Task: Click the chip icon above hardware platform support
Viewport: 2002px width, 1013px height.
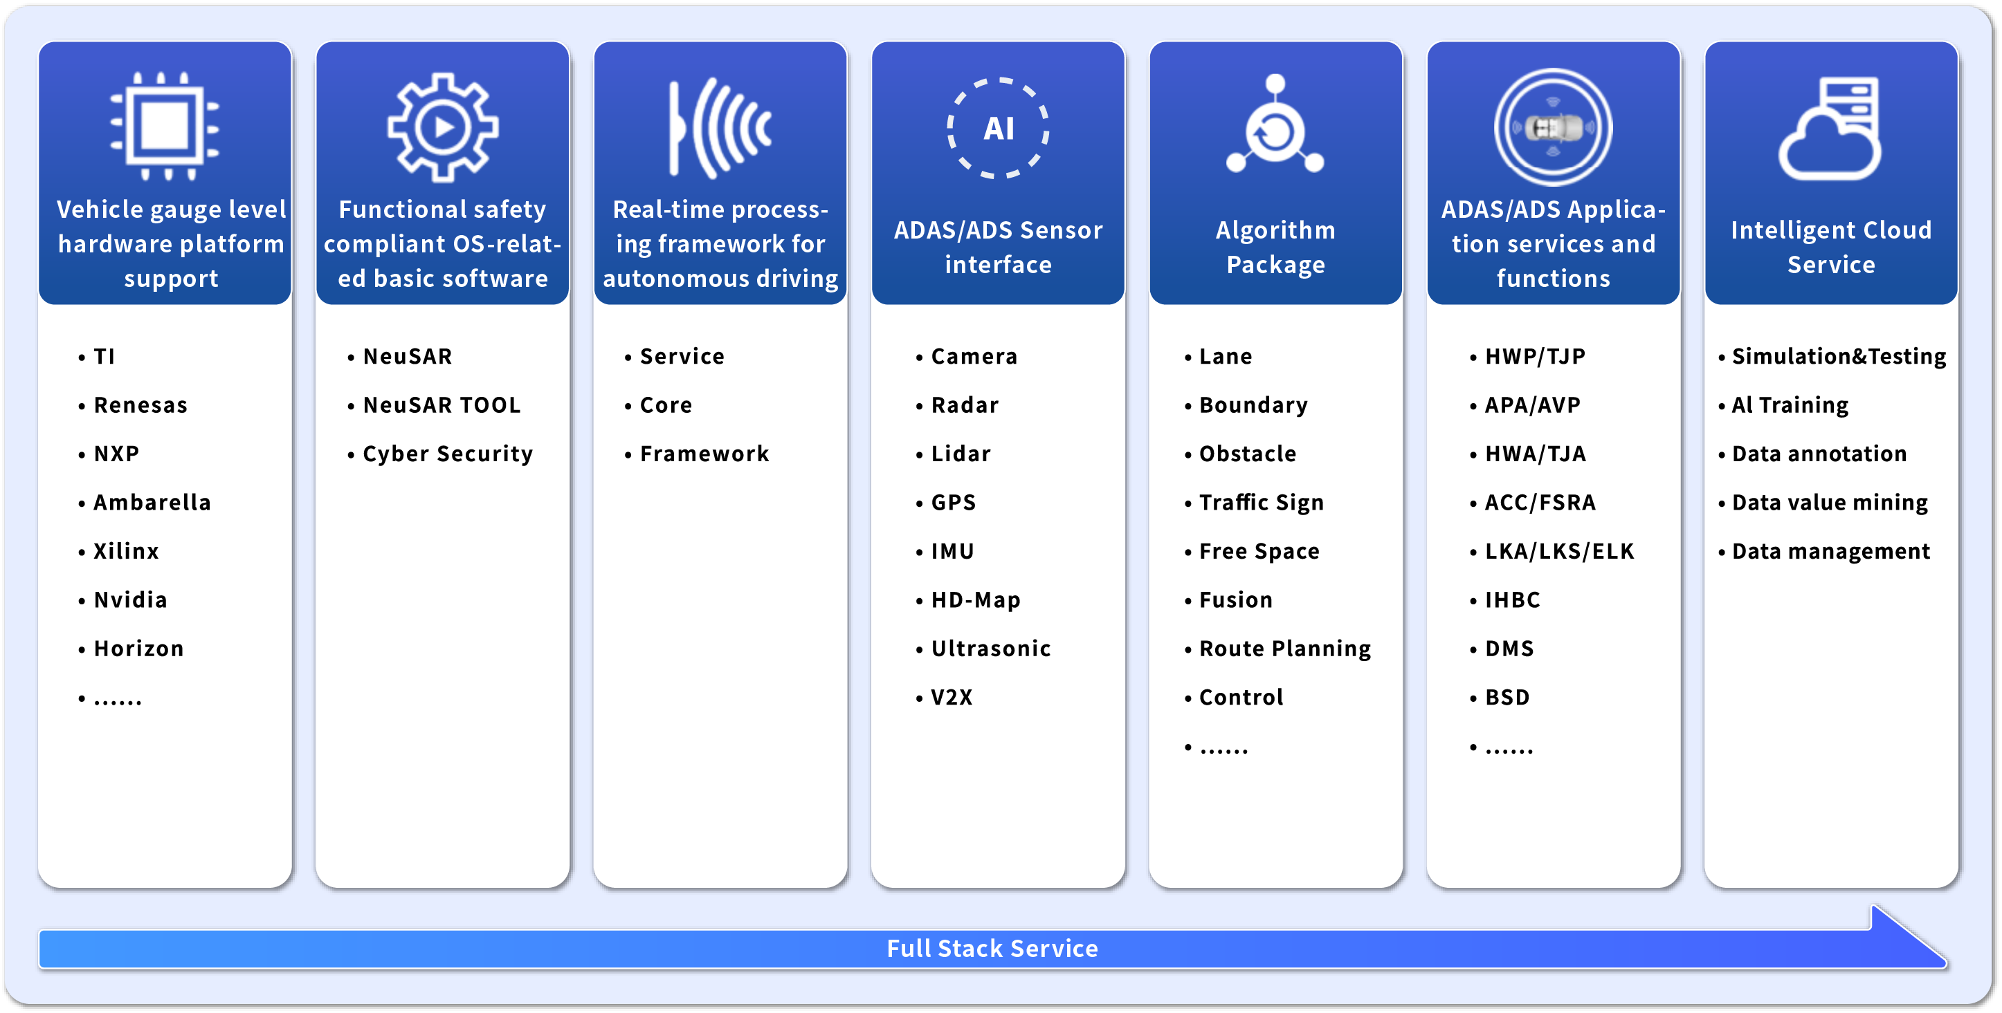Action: [x=164, y=126]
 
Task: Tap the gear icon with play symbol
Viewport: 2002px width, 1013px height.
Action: [x=442, y=127]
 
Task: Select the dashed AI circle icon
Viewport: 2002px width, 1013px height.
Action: [x=998, y=127]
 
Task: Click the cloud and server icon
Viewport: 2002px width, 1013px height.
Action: [x=1830, y=128]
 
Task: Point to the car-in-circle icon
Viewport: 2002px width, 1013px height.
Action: [x=1553, y=127]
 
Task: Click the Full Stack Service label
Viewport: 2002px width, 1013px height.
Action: [x=992, y=949]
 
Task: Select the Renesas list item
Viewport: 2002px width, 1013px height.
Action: [x=140, y=405]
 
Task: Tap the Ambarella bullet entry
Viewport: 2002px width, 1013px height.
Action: [x=152, y=503]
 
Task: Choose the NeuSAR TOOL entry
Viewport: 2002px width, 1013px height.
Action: [x=442, y=405]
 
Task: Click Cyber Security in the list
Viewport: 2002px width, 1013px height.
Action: [x=448, y=454]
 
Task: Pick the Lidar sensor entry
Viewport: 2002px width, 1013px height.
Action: [x=961, y=454]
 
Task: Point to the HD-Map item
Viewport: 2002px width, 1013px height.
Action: [x=975, y=600]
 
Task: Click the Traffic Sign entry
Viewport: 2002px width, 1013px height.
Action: [x=1261, y=503]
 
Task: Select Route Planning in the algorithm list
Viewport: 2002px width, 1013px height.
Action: [x=1284, y=649]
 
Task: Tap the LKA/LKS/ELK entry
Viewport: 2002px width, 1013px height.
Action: [x=1559, y=552]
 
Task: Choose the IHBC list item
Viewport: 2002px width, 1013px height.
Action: [x=1511, y=600]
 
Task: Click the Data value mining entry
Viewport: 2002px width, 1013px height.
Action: [x=1830, y=503]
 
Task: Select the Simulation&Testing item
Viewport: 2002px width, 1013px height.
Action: [x=1838, y=357]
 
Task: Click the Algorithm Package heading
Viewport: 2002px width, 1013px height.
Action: [x=1275, y=247]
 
